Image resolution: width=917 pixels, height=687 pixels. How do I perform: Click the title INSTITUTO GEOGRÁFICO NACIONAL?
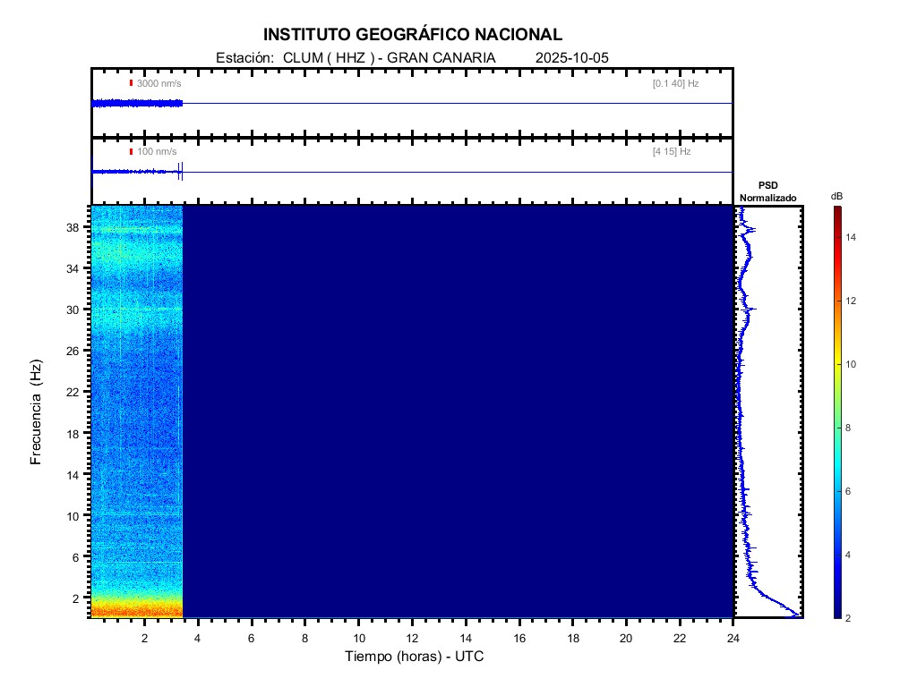click(x=412, y=35)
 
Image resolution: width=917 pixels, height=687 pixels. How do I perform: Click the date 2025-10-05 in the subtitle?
click(x=571, y=58)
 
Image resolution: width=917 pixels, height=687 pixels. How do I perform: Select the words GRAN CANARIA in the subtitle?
click(x=441, y=58)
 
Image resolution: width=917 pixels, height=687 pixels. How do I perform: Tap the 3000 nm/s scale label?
click(x=159, y=83)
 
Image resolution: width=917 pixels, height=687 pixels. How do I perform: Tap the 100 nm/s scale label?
click(x=157, y=152)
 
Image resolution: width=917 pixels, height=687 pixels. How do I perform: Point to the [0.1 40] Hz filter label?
click(x=675, y=83)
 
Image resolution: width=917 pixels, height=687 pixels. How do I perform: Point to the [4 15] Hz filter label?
click(x=672, y=152)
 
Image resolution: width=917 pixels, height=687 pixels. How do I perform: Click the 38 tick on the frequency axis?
click(x=77, y=227)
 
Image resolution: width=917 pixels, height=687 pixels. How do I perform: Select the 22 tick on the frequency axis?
click(x=77, y=392)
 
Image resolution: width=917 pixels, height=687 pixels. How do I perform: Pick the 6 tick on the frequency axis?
click(x=80, y=556)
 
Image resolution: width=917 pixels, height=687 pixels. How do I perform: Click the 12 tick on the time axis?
click(x=412, y=638)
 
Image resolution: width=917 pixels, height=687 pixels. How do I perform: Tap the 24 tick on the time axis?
click(x=733, y=638)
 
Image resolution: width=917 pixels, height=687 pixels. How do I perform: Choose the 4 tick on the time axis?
click(x=198, y=638)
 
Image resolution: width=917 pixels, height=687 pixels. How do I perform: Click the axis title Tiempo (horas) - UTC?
click(x=415, y=657)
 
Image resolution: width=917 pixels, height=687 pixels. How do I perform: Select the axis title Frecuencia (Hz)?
click(x=37, y=411)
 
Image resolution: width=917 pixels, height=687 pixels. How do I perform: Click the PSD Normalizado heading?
click(x=767, y=191)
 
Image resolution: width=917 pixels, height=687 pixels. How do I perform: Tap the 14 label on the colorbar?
click(x=853, y=237)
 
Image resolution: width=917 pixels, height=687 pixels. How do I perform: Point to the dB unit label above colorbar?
click(x=836, y=196)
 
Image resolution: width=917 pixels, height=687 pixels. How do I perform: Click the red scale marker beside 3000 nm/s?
click(x=131, y=83)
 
